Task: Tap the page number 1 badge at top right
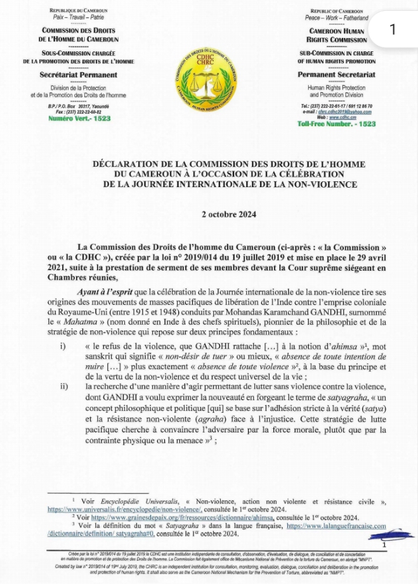[393, 29]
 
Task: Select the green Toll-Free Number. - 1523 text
[336, 124]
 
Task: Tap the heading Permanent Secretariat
[336, 74]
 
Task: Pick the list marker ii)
[63, 386]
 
